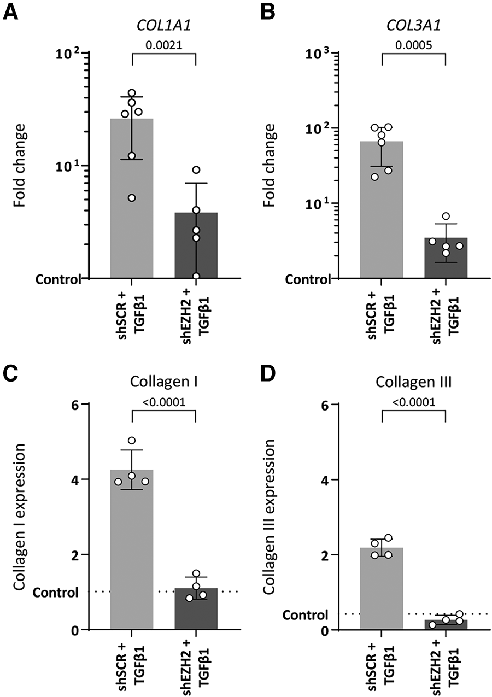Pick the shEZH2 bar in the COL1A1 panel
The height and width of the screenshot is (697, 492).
pyautogui.click(x=196, y=246)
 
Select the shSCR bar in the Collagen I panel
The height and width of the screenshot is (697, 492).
pyautogui.click(x=132, y=552)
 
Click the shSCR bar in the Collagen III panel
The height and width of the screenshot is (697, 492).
pyautogui.click(x=381, y=590)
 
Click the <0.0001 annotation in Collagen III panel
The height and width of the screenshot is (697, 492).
pyautogui.click(x=413, y=403)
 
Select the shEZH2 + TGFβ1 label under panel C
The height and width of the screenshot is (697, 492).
pyautogui.click(x=196, y=665)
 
